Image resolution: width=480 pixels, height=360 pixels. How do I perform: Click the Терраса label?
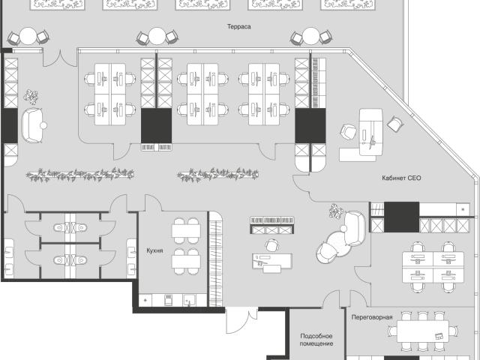238,27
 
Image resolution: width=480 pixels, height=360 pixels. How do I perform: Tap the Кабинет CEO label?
401,178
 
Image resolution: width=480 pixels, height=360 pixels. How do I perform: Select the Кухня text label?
154,250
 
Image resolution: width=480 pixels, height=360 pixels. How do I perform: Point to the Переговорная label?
372,317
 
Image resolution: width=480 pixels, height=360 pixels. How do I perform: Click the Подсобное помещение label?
316,340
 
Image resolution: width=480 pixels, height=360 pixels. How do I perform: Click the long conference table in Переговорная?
423,331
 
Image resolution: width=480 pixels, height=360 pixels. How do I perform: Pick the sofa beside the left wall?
31,125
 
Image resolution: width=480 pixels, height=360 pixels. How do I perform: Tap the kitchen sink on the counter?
190,300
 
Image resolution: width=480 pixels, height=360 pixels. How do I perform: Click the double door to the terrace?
60,58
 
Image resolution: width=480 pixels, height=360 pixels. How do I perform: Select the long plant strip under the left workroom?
80,175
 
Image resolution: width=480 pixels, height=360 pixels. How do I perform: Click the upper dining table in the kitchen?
186,231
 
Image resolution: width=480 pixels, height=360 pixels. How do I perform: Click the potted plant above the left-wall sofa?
31,97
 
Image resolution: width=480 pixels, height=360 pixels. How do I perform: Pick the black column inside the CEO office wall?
401,217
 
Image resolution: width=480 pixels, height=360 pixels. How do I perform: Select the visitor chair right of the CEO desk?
395,124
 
